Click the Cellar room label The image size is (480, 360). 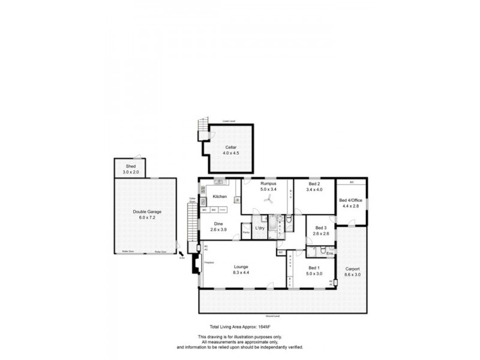pyautogui.click(x=231, y=147)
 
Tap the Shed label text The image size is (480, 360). pyautogui.click(x=130, y=166)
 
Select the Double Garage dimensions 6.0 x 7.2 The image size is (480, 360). pyautogui.click(x=147, y=217)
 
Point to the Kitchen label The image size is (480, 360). pyautogui.click(x=220, y=197)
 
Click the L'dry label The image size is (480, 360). pyautogui.click(x=260, y=229)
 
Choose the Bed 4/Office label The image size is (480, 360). pyautogui.click(x=351, y=200)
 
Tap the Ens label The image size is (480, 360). pyautogui.click(x=329, y=254)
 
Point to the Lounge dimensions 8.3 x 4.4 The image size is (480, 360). pyautogui.click(x=241, y=272)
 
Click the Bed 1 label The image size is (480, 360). pyautogui.click(x=314, y=268)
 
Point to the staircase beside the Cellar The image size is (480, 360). pyautogui.click(x=203, y=127)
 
